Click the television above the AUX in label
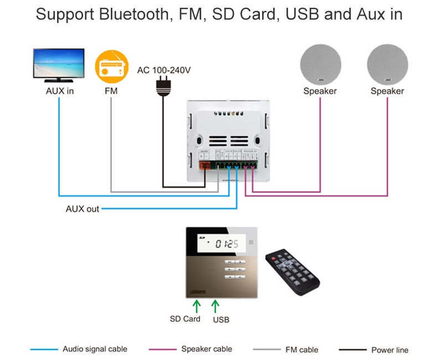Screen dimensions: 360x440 [x=59, y=65]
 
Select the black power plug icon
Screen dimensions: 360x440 [x=163, y=87]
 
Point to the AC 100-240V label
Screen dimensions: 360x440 [x=164, y=70]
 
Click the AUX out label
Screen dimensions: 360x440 [x=83, y=209]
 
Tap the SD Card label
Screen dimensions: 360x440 [x=185, y=319]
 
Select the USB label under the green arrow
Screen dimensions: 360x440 [x=221, y=320]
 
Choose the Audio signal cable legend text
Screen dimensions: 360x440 [x=95, y=349]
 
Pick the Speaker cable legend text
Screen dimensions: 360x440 [x=207, y=349]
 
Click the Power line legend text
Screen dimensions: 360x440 [x=390, y=349]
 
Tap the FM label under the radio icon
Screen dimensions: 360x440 [x=111, y=90]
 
